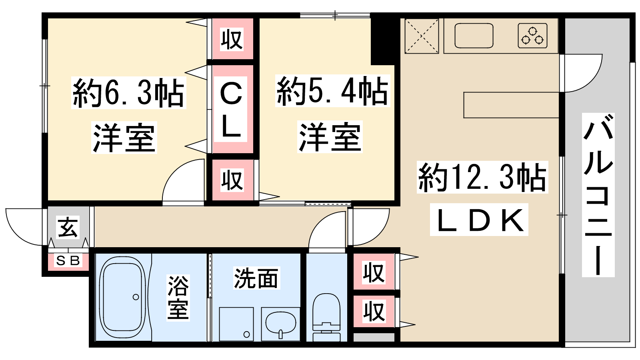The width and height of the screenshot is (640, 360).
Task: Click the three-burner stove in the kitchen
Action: pos(532,36)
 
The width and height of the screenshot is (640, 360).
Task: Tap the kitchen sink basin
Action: pos(474,36)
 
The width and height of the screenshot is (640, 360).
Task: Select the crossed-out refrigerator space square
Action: pos(422,36)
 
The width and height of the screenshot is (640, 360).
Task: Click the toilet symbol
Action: pos(326,317)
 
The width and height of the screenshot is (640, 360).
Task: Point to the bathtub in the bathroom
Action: pos(122,298)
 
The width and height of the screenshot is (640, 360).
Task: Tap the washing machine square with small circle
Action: pos(236,324)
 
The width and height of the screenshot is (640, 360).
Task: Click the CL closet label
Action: pos(230,109)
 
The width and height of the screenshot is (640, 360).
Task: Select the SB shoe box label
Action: pos(68,260)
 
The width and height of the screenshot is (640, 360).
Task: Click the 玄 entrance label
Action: pos(68,228)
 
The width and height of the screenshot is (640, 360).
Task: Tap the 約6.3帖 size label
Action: pos(128,93)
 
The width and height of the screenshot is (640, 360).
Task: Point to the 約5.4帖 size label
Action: pos(332,91)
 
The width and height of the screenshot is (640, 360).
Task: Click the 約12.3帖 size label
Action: pos(482,177)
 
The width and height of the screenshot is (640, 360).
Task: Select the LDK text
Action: pos(479,220)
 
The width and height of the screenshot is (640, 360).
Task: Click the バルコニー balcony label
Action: pos(598,195)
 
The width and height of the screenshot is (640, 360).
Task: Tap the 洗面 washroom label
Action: pos(256,278)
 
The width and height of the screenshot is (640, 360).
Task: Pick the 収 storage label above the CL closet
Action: pos(232,40)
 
